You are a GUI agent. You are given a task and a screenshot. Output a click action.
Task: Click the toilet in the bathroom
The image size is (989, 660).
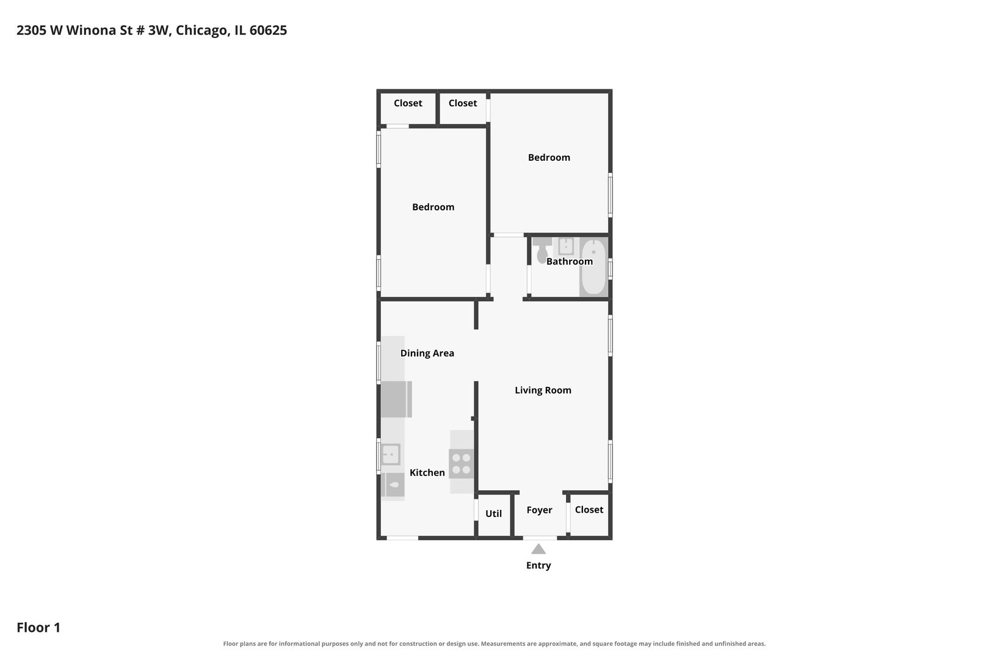pyautogui.click(x=542, y=250)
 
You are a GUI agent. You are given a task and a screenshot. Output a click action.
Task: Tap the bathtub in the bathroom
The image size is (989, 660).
pyautogui.click(x=593, y=267)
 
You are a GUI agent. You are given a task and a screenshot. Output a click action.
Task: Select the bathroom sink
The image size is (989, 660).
pyautogui.click(x=566, y=246)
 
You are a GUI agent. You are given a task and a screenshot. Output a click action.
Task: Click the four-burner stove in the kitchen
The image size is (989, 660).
pyautogui.click(x=462, y=464)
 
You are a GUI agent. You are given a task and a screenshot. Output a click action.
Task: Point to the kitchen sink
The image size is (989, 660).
pyautogui.click(x=391, y=455)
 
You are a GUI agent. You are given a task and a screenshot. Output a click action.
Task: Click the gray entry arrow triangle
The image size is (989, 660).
pyautogui.click(x=538, y=549)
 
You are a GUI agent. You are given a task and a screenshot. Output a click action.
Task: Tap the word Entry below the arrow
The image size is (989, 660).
pyautogui.click(x=538, y=565)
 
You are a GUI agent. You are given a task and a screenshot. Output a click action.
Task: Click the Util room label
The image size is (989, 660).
pyautogui.click(x=494, y=514)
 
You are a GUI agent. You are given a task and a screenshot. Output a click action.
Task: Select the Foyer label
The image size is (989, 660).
pyautogui.click(x=539, y=510)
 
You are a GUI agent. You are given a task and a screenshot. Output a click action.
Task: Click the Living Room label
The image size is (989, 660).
pyautogui.click(x=543, y=391)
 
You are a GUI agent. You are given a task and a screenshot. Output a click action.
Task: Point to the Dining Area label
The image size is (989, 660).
pyautogui.click(x=427, y=353)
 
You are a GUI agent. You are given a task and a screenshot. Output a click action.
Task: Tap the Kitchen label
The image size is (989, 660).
pyautogui.click(x=427, y=472)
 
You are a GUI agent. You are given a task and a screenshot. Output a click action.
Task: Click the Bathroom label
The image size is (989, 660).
pyautogui.click(x=570, y=262)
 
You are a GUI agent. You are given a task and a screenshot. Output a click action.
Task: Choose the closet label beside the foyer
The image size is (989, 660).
pyautogui.click(x=589, y=510)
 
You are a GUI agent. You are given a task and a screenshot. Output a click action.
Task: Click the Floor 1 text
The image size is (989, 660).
pyautogui.click(x=38, y=627)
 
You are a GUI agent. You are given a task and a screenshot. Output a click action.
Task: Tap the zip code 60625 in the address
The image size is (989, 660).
pyautogui.click(x=268, y=30)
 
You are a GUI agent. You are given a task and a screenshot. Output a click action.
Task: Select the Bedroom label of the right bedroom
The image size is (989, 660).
pyautogui.click(x=549, y=158)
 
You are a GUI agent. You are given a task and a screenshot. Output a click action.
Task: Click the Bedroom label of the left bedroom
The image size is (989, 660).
pyautogui.click(x=433, y=207)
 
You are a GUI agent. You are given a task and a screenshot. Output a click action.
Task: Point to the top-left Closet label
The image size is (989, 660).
pyautogui.click(x=408, y=103)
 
